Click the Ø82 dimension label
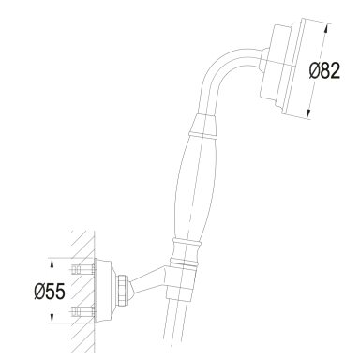324,71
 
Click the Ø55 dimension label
50,292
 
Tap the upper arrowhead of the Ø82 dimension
326,29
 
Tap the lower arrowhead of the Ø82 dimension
309,113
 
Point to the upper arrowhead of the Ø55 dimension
52,263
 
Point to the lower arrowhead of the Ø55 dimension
52,318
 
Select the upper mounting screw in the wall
82,269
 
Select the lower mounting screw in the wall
82,311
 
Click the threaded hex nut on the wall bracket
123,290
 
